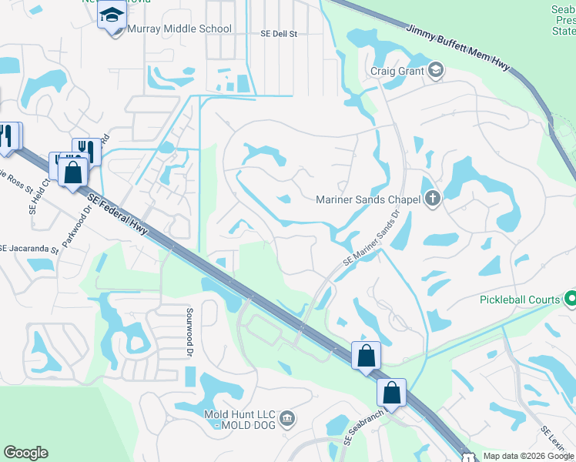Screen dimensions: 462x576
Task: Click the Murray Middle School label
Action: (179, 29)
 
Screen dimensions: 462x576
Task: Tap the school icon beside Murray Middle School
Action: (112, 15)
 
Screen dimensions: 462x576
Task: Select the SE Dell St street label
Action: (278, 34)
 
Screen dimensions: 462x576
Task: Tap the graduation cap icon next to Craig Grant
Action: (436, 71)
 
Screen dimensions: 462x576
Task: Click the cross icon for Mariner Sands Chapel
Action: (433, 199)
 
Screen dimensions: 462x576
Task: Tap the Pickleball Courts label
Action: (521, 299)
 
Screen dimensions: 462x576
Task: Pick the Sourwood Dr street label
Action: (189, 332)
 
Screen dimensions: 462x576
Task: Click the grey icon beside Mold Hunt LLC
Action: (287, 418)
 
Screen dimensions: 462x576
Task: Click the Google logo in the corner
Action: (25, 453)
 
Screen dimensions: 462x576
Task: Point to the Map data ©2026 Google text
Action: (528, 456)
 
